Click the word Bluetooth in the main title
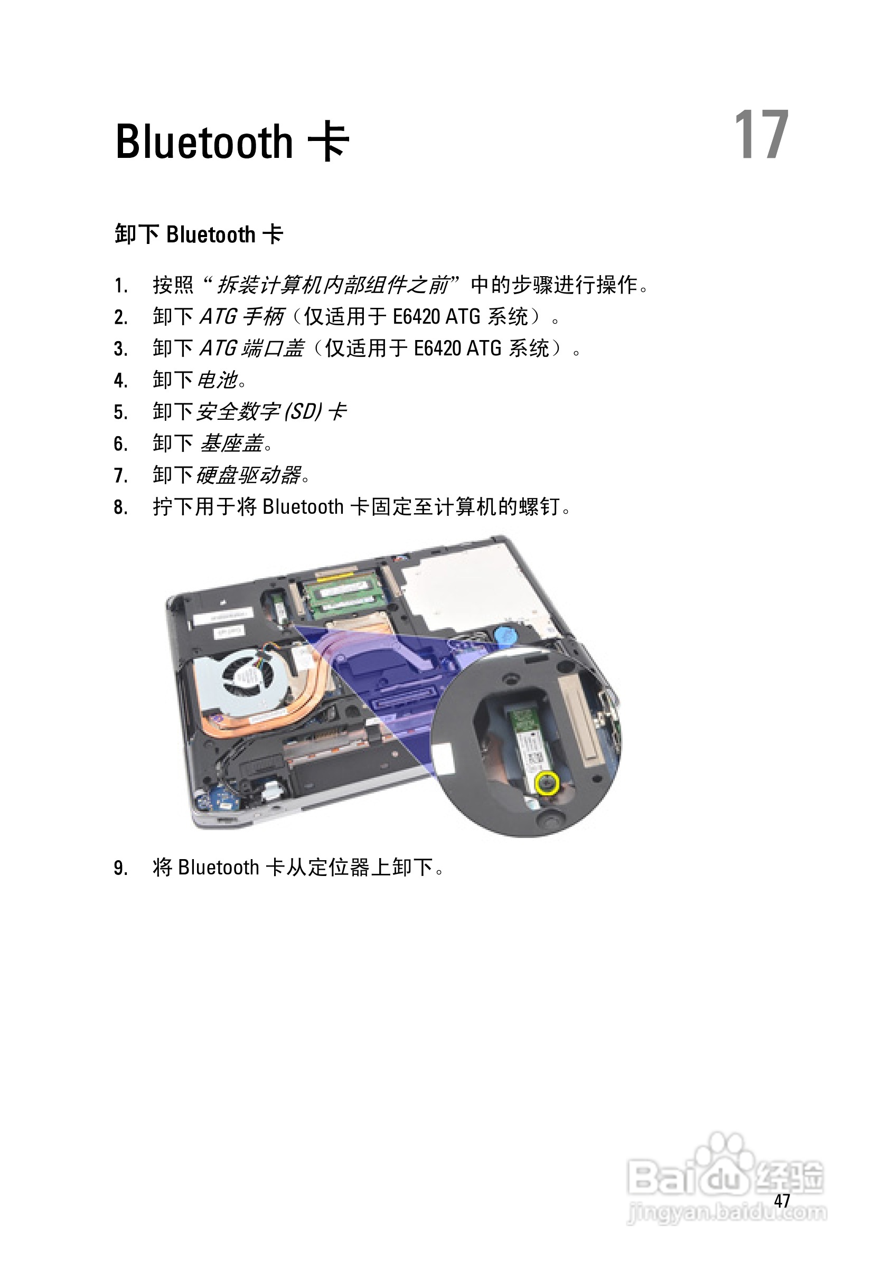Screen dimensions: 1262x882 tap(204, 143)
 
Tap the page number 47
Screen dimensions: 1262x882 tap(782, 1200)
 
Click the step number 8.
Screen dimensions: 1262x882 tap(120, 507)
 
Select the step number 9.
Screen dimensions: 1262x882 tap(120, 868)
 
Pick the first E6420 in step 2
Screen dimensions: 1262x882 tap(416, 317)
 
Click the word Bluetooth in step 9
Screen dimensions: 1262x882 tap(218, 868)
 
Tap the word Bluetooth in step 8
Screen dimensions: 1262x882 tap(303, 506)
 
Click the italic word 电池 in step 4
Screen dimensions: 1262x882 tap(217, 380)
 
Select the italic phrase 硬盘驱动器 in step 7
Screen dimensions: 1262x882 tap(249, 475)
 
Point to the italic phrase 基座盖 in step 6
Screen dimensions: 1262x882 tap(231, 443)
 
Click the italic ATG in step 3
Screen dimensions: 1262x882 tap(218, 349)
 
